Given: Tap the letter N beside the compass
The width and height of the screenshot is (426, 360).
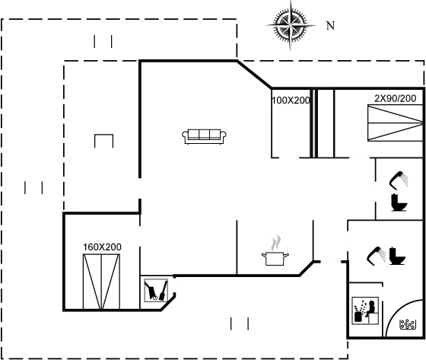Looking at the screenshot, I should (330, 26).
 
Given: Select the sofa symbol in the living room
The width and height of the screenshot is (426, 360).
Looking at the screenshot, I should (205, 135).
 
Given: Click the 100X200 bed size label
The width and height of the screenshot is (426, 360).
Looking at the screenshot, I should (291, 100).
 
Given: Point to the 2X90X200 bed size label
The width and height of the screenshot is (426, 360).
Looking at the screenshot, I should (395, 98).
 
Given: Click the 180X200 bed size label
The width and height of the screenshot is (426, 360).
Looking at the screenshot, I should (102, 247).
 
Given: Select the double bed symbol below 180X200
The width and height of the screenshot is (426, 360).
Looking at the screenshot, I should (101, 280).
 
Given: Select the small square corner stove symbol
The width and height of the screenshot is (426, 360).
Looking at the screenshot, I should (156, 291).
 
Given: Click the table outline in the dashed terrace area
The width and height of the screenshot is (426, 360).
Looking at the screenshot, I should (103, 141).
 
